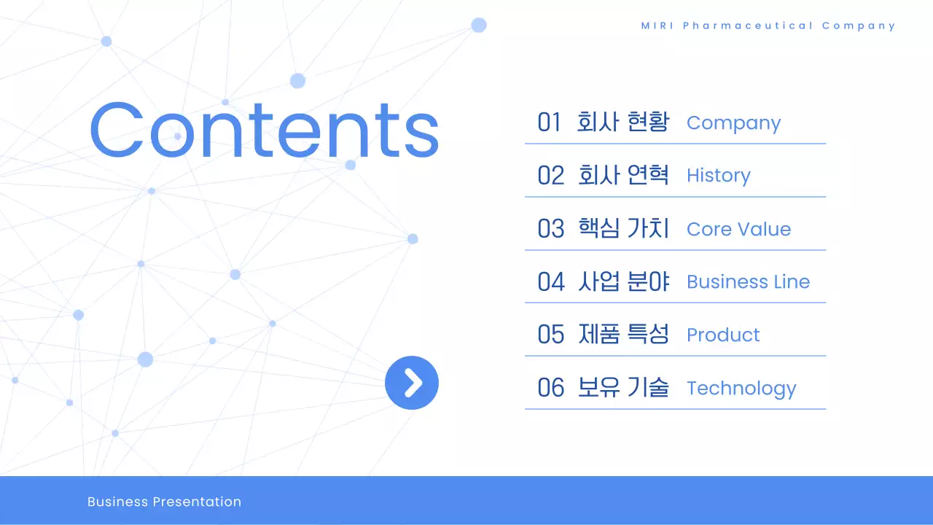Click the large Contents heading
[264, 131]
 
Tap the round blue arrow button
[412, 383]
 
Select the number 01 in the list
[550, 122]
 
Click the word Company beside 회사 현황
[733, 123]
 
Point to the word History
[718, 176]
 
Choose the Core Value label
[738, 229]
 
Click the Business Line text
[748, 282]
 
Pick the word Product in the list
[723, 335]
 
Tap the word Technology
[741, 389]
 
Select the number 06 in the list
[551, 388]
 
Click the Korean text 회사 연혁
[623, 175]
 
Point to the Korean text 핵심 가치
[623, 228]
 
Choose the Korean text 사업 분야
[623, 281]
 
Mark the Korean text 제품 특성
[623, 335]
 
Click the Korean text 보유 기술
[623, 388]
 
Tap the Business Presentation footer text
[164, 502]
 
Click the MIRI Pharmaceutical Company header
[768, 26]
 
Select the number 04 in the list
[551, 281]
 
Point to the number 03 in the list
[551, 228]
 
